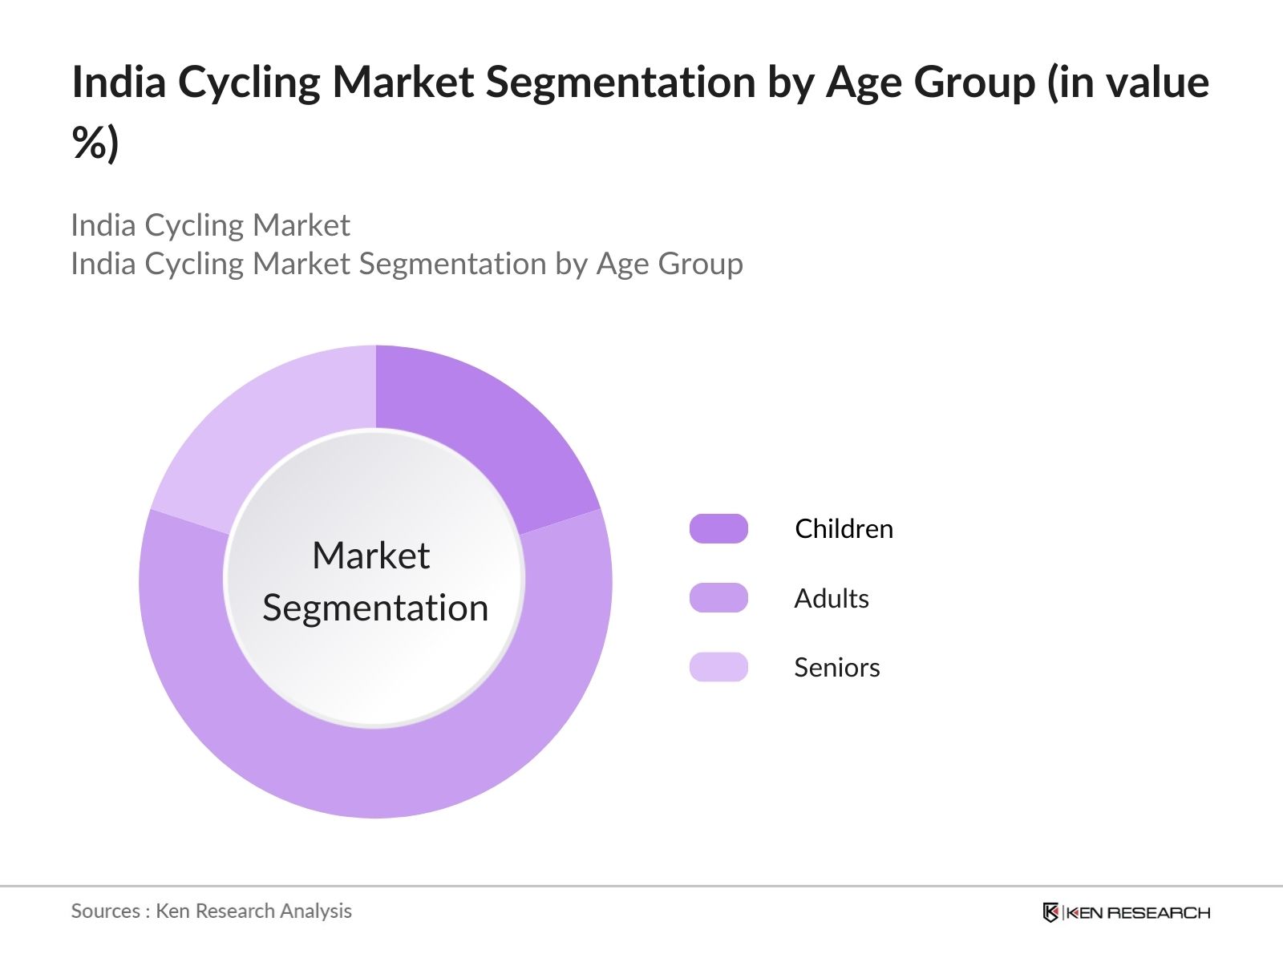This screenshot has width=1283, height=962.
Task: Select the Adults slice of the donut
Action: (375, 771)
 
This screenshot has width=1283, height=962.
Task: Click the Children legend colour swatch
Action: (718, 528)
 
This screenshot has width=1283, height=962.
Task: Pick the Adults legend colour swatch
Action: (718, 597)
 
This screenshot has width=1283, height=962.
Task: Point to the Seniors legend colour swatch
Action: (718, 667)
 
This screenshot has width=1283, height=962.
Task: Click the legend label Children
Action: (844, 528)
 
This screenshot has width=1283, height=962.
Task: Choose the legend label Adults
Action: (832, 598)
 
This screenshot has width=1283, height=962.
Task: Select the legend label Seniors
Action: (836, 667)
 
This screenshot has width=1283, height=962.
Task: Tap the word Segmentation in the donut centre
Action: (375, 608)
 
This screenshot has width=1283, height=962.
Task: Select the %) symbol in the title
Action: (95, 143)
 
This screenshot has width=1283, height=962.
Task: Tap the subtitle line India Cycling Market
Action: (210, 225)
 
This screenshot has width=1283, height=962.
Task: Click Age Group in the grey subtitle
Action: (670, 264)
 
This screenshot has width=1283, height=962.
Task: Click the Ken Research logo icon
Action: (1050, 911)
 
